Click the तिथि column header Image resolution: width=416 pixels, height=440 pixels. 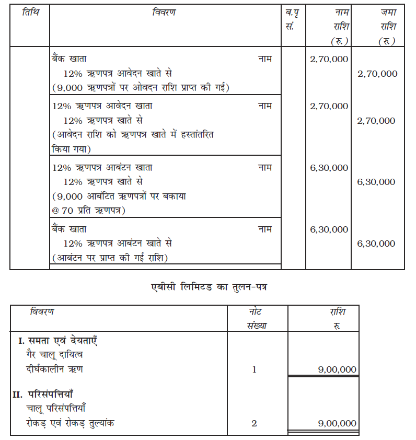pos(30,12)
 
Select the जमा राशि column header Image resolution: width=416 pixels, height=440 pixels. pos(386,26)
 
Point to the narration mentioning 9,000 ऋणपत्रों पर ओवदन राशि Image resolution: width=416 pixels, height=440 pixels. pos(141,87)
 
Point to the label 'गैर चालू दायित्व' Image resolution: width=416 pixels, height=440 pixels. pos(55,355)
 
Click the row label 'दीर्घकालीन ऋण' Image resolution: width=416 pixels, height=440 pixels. pos(55,369)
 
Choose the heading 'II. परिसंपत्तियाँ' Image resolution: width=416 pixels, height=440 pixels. pos(50,394)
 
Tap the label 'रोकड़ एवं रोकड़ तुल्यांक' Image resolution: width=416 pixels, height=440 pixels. pos(71,423)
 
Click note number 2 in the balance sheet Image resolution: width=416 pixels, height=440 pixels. pos(254,423)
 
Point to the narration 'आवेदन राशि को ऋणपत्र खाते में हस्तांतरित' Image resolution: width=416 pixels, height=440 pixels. pos(133,135)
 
